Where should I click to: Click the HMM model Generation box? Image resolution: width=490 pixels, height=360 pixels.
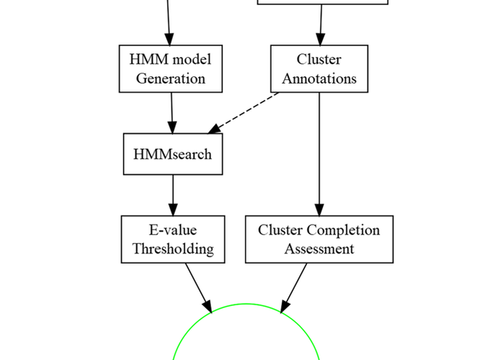[x=171, y=68]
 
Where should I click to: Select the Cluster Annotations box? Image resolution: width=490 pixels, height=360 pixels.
[x=319, y=68]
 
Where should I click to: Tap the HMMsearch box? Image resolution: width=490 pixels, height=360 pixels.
[x=173, y=154]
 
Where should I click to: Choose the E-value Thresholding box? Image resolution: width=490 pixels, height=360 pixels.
[x=173, y=239]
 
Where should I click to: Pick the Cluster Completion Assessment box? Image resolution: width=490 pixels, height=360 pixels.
[x=319, y=239]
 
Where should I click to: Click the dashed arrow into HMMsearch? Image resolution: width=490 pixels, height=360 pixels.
[x=244, y=113]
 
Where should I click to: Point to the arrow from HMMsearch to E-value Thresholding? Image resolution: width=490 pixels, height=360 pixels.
[x=173, y=195]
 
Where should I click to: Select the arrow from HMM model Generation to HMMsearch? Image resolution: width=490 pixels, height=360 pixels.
[x=171, y=113]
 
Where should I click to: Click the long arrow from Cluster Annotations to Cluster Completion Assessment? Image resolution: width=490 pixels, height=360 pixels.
[x=319, y=154]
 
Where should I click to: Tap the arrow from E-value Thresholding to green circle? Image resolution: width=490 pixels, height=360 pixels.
[x=198, y=288]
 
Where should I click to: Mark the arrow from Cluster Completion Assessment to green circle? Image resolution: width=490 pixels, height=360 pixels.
[x=294, y=288]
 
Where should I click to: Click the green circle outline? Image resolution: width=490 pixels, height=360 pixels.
[x=246, y=304]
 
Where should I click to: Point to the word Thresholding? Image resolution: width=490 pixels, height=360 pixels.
[x=173, y=249]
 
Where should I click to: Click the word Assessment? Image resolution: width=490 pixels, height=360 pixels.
[x=319, y=249]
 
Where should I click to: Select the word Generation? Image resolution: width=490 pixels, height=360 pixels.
[x=171, y=78]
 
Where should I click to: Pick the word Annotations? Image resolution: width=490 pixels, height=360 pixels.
[x=319, y=78]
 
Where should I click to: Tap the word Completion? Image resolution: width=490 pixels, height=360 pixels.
[x=343, y=230]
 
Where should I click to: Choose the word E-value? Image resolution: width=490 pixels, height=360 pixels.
[x=173, y=230]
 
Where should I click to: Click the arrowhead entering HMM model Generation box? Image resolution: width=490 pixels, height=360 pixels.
[x=169, y=40]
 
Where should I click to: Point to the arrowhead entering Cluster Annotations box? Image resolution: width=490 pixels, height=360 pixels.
[x=321, y=40]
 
